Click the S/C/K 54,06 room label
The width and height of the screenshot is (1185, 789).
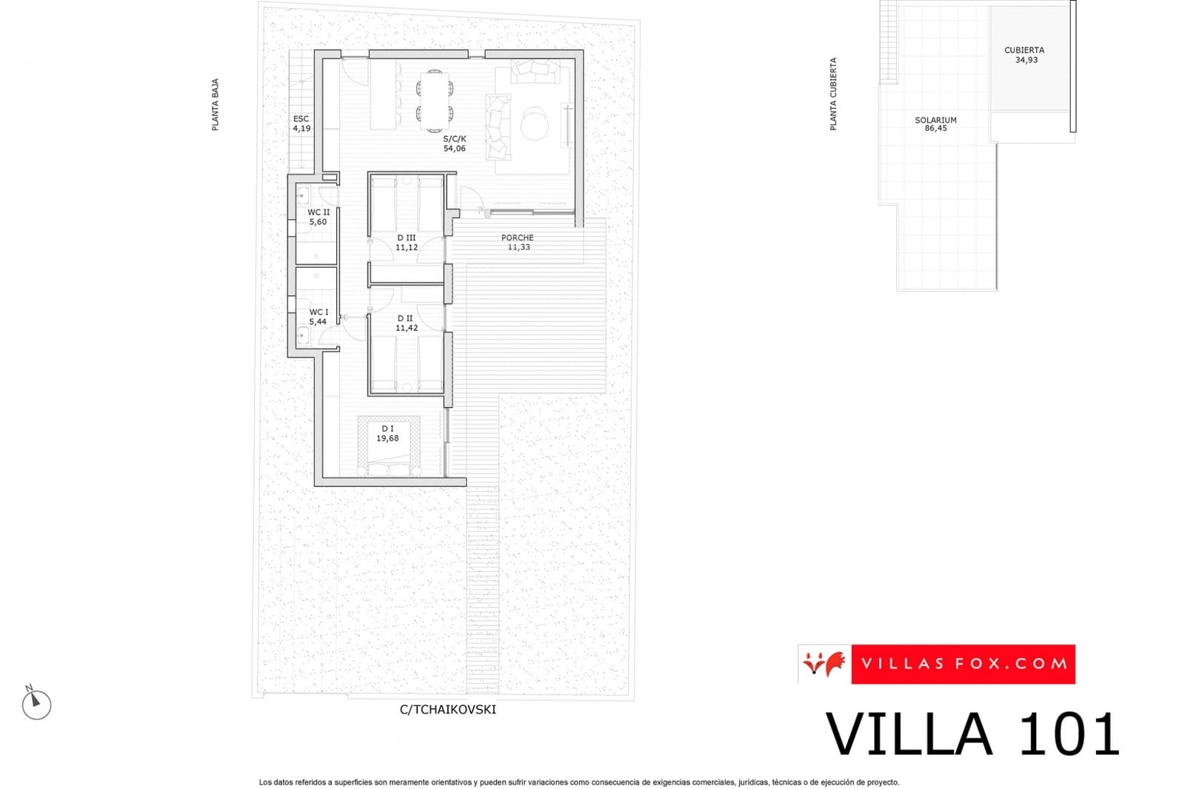(x=455, y=144)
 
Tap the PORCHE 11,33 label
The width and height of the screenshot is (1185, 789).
(x=518, y=243)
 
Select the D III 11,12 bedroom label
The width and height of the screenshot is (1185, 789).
(x=407, y=243)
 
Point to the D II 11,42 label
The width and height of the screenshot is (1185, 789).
(x=406, y=323)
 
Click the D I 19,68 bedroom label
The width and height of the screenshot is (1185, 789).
(x=387, y=434)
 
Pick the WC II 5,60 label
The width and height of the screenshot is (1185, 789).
(x=318, y=217)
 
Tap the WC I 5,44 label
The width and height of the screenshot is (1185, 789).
(x=318, y=317)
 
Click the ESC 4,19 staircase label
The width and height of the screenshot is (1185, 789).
(x=301, y=124)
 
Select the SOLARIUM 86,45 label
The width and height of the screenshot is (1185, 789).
(x=935, y=124)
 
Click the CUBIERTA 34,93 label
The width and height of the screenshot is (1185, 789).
(x=1025, y=55)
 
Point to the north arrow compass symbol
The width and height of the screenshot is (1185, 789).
(x=36, y=704)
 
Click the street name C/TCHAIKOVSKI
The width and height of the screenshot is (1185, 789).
(x=448, y=709)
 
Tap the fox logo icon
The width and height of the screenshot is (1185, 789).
(x=824, y=664)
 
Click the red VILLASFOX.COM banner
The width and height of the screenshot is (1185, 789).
(x=963, y=664)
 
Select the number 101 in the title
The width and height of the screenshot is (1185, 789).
(x=1068, y=734)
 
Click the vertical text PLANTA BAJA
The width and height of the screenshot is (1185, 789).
(x=216, y=105)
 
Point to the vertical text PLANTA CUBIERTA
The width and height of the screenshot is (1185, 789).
(x=833, y=95)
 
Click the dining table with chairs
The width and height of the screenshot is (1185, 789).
(x=435, y=101)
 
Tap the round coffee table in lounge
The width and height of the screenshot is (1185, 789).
(x=534, y=124)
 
